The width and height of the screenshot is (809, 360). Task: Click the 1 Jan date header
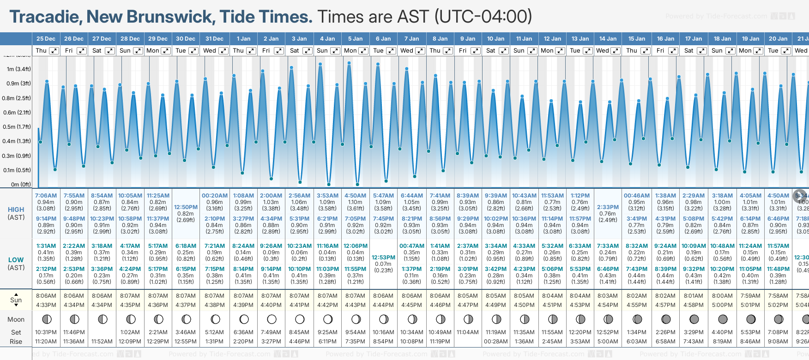243,39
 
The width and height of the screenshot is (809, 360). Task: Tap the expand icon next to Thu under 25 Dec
54,51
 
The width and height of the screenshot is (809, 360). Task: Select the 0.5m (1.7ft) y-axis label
17,126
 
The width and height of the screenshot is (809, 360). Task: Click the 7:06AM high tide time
46,196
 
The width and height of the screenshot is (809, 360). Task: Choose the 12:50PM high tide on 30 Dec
186,207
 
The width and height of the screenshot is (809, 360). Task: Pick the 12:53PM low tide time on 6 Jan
384,258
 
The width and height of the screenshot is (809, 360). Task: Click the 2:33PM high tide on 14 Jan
608,207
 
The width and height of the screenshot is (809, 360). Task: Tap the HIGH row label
16,210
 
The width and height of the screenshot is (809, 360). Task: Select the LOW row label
16,260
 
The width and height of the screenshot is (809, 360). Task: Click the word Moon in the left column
16,319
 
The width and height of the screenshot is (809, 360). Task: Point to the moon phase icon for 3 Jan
300,319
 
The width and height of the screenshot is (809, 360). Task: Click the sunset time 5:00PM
722,305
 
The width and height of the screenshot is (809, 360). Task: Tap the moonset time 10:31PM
46,332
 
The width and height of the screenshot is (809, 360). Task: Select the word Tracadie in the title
45,17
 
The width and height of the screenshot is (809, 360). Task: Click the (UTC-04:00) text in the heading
483,17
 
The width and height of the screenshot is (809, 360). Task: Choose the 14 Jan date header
608,39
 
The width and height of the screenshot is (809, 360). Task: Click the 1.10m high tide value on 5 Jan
355,202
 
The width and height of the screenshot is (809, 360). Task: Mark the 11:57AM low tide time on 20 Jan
778,246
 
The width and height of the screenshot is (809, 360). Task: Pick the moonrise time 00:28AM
496,342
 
